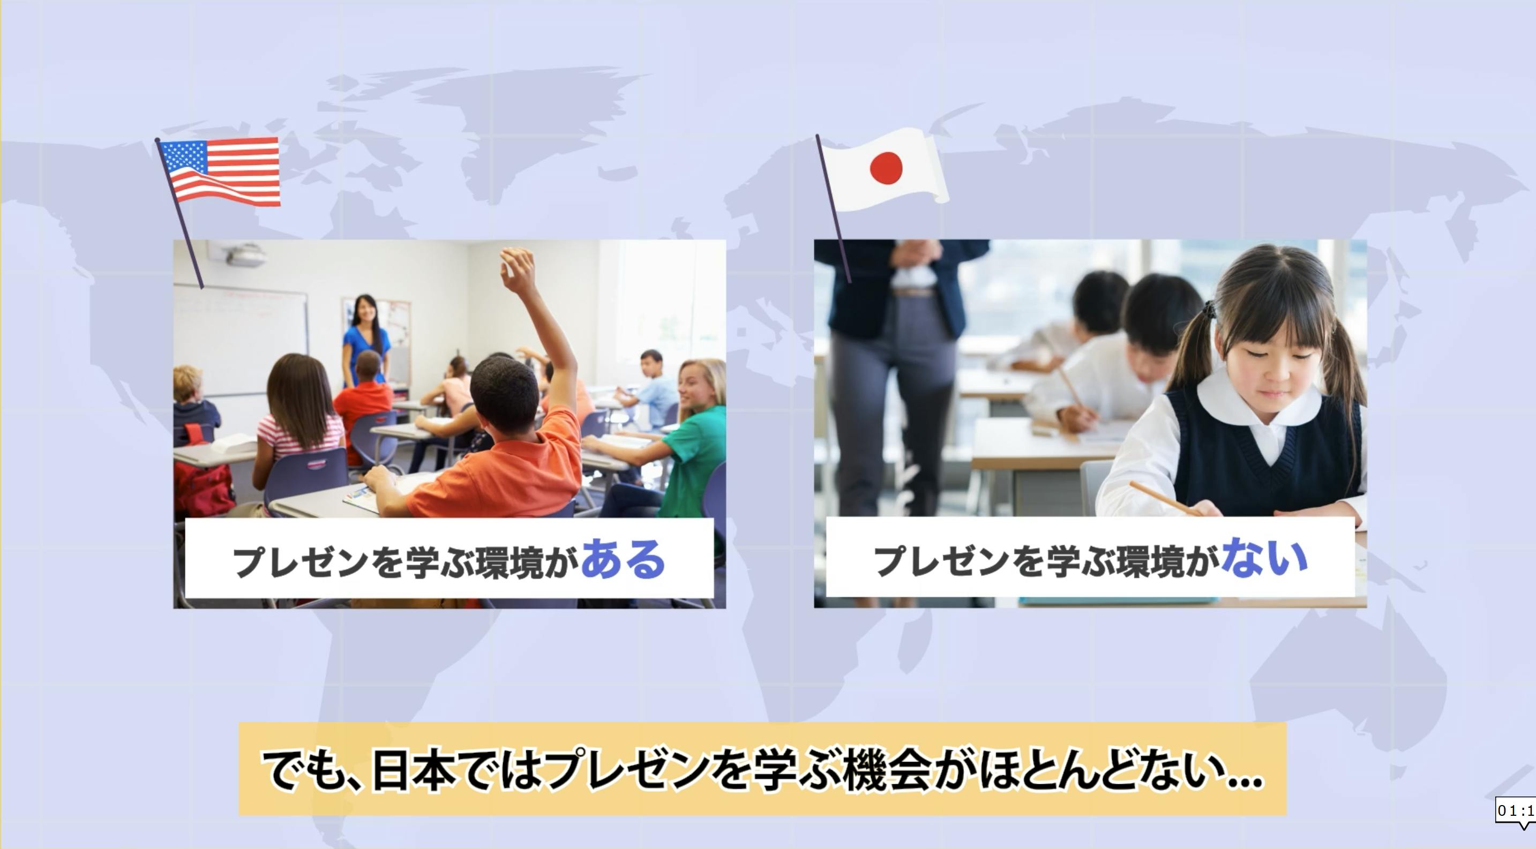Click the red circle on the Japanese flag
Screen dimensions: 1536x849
coord(886,168)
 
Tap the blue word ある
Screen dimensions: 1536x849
coord(623,559)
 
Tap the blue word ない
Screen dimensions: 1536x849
coord(1264,558)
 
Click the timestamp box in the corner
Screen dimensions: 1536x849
coord(1515,812)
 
